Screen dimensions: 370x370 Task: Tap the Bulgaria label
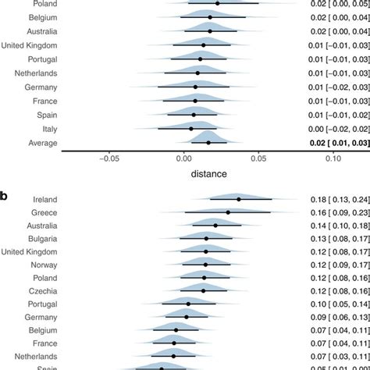42,238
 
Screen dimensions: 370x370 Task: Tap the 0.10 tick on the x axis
333,158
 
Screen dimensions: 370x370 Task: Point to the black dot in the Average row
208,143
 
